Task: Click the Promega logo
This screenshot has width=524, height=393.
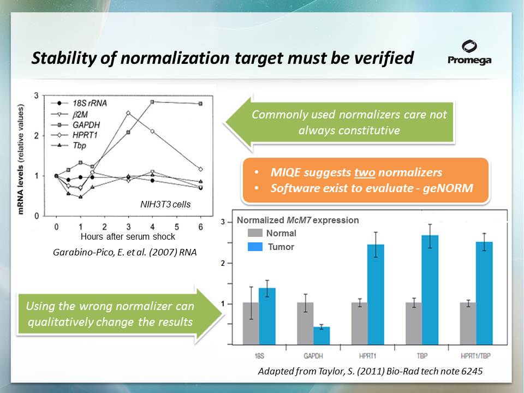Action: click(469, 52)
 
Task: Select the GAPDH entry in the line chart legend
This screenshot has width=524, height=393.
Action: click(75, 125)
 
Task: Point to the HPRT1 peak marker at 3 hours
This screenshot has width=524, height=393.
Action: click(128, 113)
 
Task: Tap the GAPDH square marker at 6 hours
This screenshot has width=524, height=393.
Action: click(200, 104)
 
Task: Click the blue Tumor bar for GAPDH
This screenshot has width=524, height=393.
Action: click(321, 336)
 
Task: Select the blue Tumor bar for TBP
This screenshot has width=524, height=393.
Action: click(430, 290)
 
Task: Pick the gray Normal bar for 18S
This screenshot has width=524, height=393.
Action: click(251, 324)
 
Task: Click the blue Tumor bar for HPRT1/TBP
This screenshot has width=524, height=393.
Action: click(484, 293)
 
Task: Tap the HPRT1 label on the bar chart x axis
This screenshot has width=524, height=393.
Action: click(367, 356)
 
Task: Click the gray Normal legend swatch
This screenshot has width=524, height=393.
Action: click(255, 233)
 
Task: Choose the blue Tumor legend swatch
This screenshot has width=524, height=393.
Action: click(255, 247)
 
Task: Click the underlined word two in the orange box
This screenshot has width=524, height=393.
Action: click(365, 172)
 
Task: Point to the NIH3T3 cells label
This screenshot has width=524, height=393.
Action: click(165, 204)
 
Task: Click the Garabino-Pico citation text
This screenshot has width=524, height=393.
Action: click(124, 252)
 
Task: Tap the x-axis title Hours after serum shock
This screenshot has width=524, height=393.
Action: click(128, 236)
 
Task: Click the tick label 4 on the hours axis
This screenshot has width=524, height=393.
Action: click(152, 227)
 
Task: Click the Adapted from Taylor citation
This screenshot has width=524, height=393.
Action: click(370, 371)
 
